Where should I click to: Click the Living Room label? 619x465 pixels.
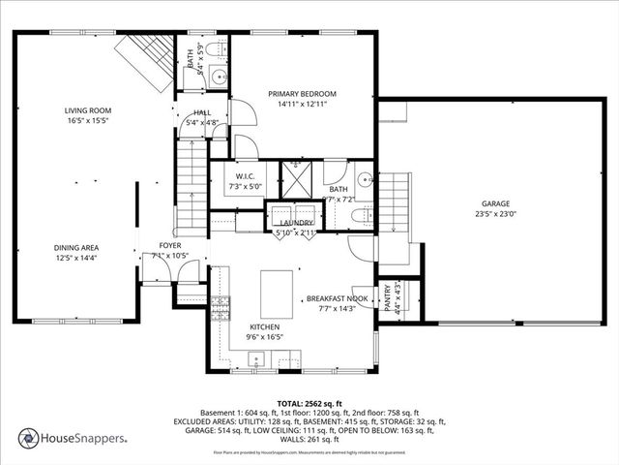(x=89, y=110)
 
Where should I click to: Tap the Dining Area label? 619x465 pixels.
(x=75, y=247)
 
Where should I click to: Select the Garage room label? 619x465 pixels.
(x=496, y=203)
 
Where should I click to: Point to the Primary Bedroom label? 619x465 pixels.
(x=301, y=94)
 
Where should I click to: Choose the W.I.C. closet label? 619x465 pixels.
(x=244, y=175)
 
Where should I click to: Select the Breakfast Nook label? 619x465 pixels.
(x=338, y=298)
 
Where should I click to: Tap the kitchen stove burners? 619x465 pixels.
(x=220, y=309)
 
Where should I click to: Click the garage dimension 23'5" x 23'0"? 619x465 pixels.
(x=496, y=214)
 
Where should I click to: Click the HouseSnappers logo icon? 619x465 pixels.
(x=28, y=439)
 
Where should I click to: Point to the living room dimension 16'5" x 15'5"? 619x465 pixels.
(x=88, y=121)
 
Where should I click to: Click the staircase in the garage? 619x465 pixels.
(x=394, y=201)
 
